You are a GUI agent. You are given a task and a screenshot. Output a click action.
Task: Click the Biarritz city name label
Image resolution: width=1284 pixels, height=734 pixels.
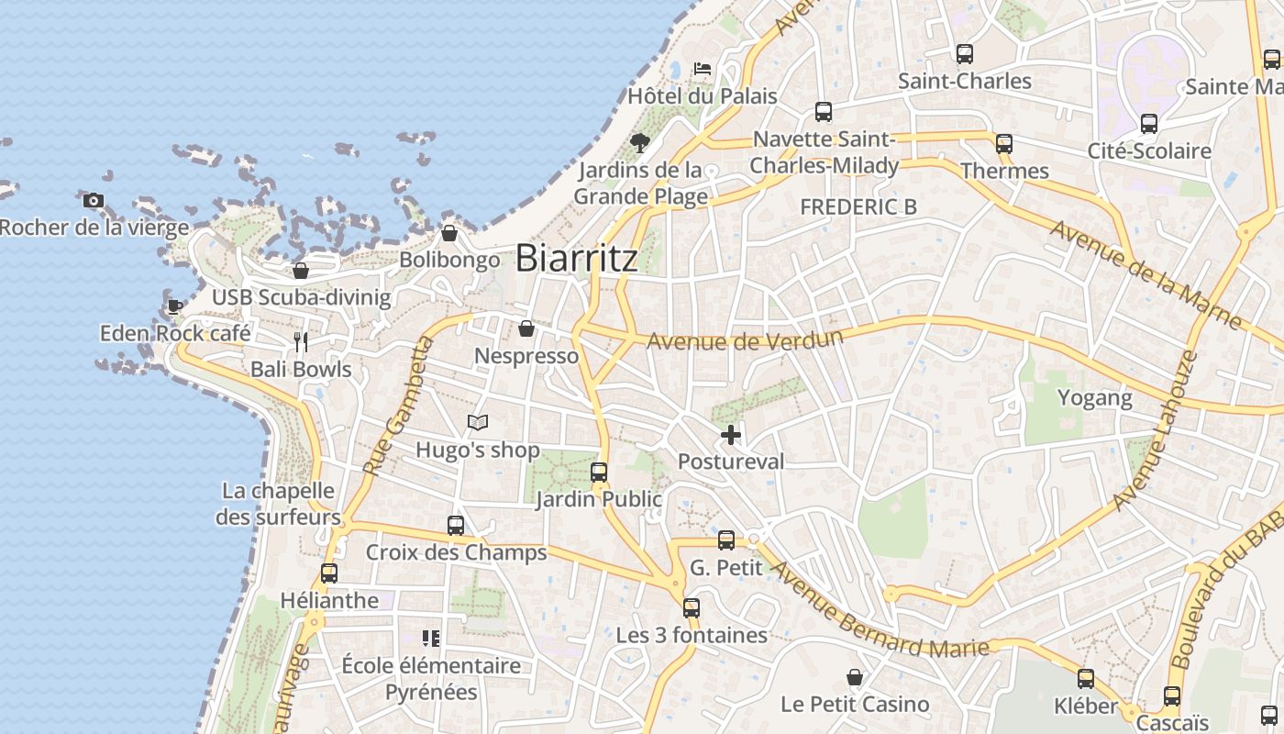(x=576, y=259)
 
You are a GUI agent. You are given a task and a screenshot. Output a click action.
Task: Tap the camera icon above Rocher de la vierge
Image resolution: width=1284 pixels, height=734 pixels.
(x=93, y=201)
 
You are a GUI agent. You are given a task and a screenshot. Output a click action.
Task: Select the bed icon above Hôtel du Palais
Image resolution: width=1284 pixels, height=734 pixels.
(x=702, y=68)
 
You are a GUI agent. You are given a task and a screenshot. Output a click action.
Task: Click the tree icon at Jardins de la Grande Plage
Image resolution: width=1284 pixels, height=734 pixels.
(x=640, y=142)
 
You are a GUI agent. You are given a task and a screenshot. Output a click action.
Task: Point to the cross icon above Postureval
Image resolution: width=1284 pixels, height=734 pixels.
(x=731, y=434)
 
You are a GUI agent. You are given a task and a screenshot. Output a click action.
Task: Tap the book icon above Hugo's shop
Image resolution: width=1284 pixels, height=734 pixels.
(x=477, y=422)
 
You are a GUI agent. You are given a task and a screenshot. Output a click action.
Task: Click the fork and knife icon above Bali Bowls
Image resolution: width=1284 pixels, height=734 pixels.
(x=301, y=342)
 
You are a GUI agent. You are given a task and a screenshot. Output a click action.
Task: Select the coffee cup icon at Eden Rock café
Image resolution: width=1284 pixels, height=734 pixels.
(x=174, y=306)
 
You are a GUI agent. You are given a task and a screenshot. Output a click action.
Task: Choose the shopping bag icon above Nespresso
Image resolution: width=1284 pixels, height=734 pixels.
(x=526, y=328)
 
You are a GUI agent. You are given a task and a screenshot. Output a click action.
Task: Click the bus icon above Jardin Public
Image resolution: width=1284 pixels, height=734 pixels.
(x=599, y=473)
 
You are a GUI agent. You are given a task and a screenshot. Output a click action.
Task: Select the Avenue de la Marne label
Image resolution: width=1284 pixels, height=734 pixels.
(x=1146, y=274)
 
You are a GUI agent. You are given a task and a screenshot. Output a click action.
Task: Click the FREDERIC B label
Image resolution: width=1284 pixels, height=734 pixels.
(x=858, y=207)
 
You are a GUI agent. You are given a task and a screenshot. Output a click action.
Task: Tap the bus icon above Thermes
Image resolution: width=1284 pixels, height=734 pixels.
(x=1004, y=144)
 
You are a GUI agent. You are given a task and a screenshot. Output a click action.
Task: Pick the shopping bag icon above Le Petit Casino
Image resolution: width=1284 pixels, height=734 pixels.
(x=855, y=677)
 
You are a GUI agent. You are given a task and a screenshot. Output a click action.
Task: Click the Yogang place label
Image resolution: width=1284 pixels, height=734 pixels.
(x=1095, y=398)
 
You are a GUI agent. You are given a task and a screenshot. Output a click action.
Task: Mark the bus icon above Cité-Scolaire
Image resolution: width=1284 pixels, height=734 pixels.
(x=1149, y=124)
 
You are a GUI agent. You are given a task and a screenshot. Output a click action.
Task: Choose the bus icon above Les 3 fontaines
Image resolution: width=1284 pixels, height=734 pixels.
(x=692, y=608)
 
